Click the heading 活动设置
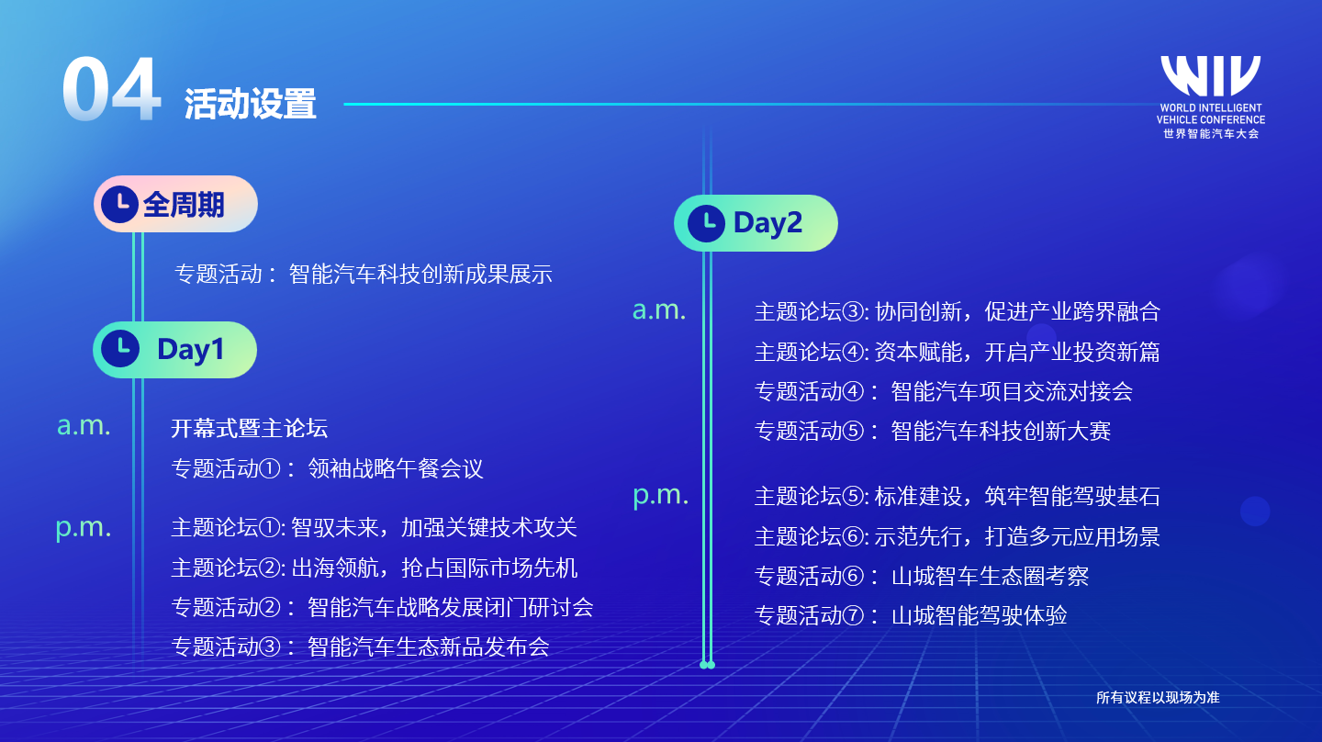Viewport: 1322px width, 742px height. click(x=251, y=104)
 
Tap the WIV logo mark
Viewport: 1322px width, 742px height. click(x=1210, y=75)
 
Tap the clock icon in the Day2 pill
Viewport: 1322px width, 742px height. click(x=706, y=223)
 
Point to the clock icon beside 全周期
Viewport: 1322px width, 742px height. click(x=119, y=204)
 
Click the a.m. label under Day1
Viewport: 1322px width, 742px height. click(x=84, y=425)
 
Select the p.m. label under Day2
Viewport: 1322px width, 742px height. click(x=660, y=496)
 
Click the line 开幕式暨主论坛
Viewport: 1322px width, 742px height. click(x=249, y=428)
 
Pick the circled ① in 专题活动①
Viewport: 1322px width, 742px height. click(x=270, y=468)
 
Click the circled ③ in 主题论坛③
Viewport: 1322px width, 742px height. click(x=853, y=311)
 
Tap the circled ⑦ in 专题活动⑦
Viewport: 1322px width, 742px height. click(x=853, y=615)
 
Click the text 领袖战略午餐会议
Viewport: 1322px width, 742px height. click(x=396, y=468)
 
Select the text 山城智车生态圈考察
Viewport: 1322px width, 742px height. click(x=990, y=576)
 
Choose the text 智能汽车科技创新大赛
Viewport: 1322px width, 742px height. click(x=1001, y=431)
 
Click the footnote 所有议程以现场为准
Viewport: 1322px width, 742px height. click(x=1158, y=698)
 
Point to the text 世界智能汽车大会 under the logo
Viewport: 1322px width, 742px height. click(x=1211, y=134)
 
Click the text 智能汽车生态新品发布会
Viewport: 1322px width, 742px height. click(x=429, y=647)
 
